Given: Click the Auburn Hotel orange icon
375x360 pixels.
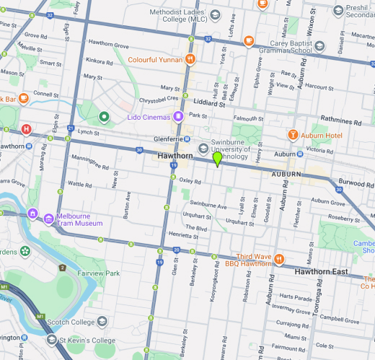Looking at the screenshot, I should tap(293, 135).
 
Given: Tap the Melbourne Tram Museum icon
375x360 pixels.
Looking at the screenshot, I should tap(33, 214).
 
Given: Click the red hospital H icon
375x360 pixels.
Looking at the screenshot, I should tap(27, 129).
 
